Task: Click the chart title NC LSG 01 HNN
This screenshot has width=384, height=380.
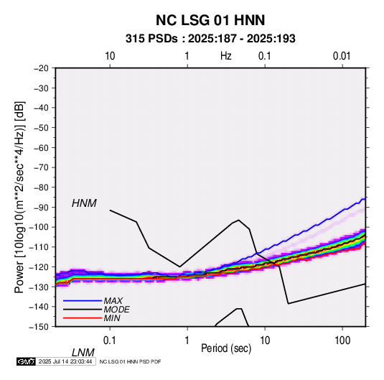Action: [x=210, y=20]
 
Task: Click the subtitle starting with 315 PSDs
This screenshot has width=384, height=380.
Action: [x=210, y=39]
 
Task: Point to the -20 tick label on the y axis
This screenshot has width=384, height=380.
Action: [x=41, y=68]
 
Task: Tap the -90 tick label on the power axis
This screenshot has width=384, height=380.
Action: [x=41, y=208]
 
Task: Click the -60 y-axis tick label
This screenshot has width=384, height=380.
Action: [x=41, y=147]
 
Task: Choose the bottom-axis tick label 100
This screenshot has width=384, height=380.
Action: [x=342, y=340]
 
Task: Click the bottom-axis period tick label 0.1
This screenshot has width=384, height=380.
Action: [x=110, y=340]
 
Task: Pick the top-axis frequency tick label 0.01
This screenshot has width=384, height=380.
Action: [x=342, y=56]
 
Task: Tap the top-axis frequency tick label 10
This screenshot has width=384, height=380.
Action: [x=110, y=56]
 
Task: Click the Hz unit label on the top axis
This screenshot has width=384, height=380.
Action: [x=226, y=56]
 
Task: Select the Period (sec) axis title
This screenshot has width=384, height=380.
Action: [x=226, y=348]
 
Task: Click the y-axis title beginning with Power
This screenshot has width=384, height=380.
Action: [x=19, y=197]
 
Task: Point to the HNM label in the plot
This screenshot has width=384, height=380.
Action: [x=84, y=203]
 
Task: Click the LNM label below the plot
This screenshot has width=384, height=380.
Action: [x=83, y=353]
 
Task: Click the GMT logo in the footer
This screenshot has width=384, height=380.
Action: [x=26, y=361]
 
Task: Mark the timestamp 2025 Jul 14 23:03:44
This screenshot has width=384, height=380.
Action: [x=65, y=361]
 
